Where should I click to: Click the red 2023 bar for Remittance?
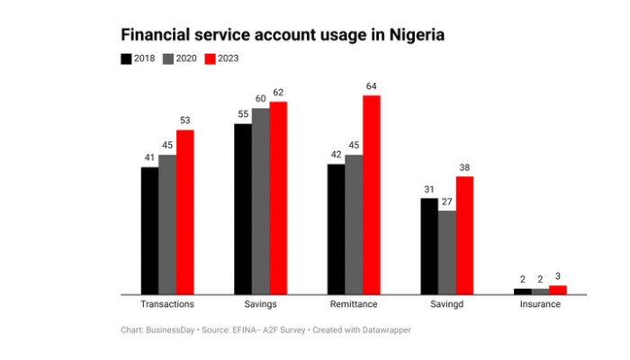[372, 194]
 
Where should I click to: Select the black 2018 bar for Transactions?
[149, 230]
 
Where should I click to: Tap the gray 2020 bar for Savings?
[260, 201]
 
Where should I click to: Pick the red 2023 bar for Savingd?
[464, 235]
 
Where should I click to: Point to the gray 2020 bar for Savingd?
[446, 252]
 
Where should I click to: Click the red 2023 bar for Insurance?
[558, 289]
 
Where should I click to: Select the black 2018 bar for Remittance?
[336, 229]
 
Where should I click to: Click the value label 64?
[372, 86]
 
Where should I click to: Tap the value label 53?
[185, 121]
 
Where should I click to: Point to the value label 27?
[446, 202]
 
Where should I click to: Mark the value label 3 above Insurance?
[558, 276]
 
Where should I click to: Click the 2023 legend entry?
[222, 58]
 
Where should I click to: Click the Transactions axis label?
[167, 304]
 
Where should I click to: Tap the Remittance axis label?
[354, 304]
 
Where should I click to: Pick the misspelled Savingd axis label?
[446, 304]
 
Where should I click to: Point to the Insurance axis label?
[540, 304]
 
